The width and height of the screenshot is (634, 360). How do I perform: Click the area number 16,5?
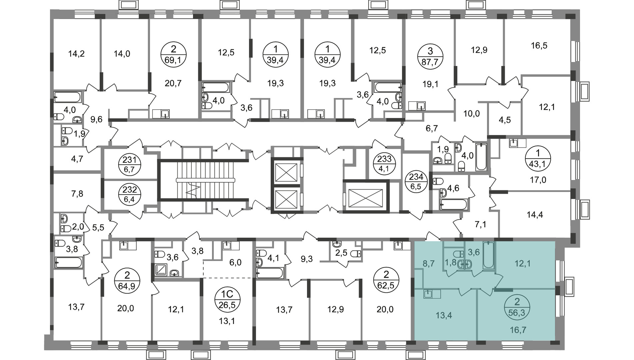tap(539, 45)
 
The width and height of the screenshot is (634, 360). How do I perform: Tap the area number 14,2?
tap(76, 54)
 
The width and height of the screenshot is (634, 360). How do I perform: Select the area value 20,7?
tap(173, 83)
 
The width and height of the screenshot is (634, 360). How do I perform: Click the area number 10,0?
tap(471, 114)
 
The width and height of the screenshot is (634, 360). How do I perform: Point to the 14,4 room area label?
tap(534, 215)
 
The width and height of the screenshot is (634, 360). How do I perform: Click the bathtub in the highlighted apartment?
tap(488, 256)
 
